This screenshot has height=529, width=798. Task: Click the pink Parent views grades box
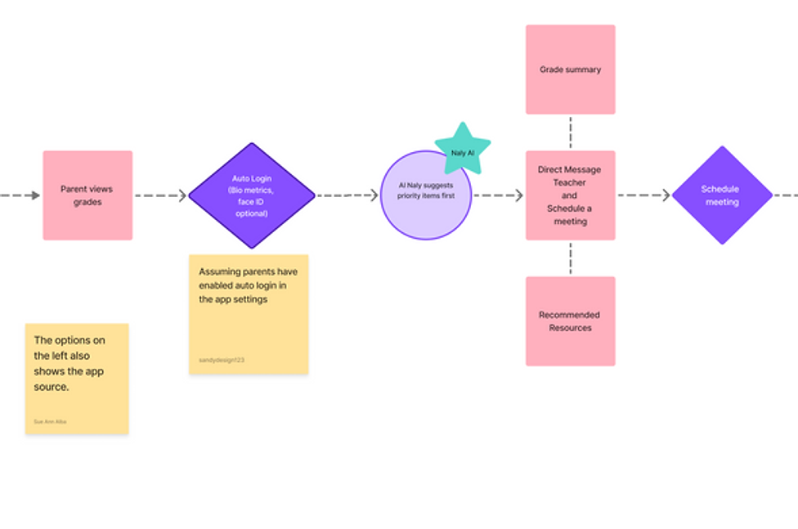(87, 195)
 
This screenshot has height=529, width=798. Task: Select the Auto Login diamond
(252, 195)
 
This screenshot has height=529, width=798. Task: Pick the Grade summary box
(570, 69)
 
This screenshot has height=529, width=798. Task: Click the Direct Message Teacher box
(570, 195)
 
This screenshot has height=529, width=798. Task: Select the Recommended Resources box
(570, 321)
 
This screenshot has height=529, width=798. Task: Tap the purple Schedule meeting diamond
(721, 195)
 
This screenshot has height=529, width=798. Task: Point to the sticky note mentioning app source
(77, 378)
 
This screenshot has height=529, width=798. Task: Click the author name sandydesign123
(222, 360)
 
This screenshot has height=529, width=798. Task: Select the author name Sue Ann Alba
(50, 422)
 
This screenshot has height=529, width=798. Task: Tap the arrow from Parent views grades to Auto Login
(160, 195)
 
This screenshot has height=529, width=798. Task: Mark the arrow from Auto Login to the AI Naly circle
(347, 195)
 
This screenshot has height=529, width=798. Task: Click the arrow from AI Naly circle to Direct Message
(498, 195)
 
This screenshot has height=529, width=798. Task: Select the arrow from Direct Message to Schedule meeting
(643, 195)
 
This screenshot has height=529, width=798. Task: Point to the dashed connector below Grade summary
(570, 132)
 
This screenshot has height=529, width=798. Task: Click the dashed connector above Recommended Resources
(570, 258)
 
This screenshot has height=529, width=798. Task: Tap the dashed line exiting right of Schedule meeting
(785, 195)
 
